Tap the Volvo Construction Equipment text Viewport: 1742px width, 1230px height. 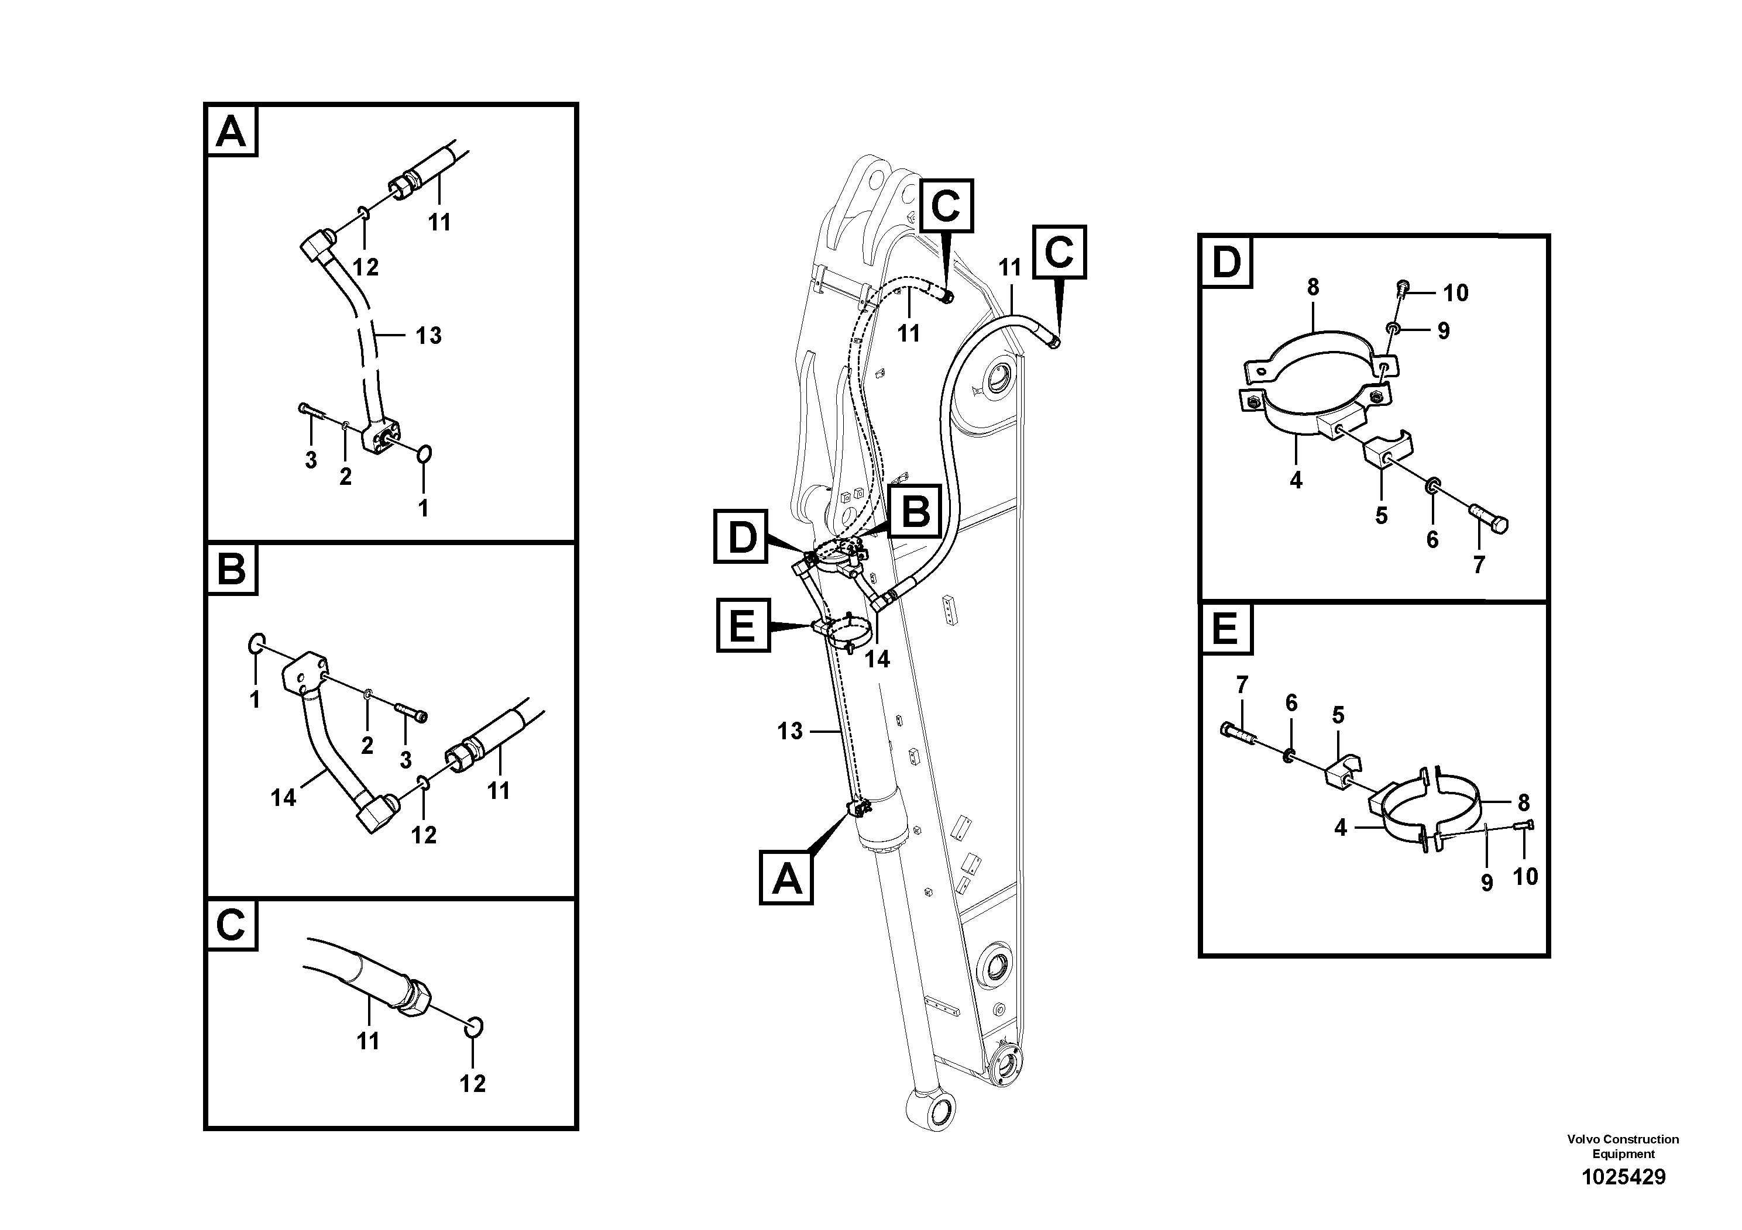pyautogui.click(x=1623, y=1146)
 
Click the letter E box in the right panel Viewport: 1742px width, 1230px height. pyautogui.click(x=1225, y=629)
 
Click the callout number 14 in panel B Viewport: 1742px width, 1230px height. pyautogui.click(x=283, y=798)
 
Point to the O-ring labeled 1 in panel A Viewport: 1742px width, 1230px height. pyautogui.click(x=424, y=454)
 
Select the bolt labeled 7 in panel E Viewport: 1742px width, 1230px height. pyautogui.click(x=1238, y=732)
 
